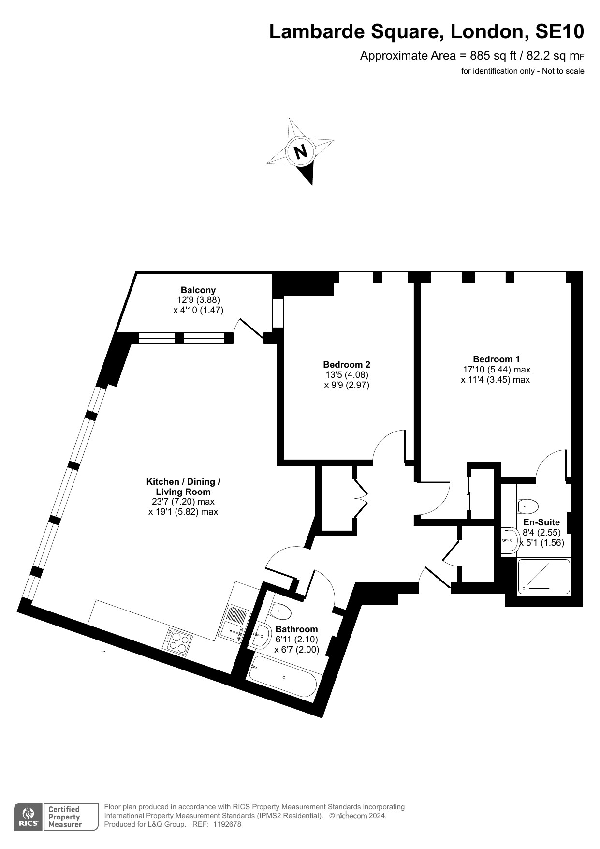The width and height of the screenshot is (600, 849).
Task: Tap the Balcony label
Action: [198, 290]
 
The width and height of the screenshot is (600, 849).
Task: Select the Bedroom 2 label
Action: [347, 364]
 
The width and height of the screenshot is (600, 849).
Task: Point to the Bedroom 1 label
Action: [496, 359]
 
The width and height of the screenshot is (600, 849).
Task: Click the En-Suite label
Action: [541, 522]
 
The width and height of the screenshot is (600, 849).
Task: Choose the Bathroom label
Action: [296, 629]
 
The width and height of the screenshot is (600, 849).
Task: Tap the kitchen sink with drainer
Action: [235, 624]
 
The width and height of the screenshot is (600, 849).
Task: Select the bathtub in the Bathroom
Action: [283, 677]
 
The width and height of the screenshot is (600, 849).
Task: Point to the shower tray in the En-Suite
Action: [544, 576]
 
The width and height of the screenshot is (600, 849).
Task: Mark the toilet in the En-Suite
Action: [527, 506]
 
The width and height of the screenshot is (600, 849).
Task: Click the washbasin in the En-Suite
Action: [510, 539]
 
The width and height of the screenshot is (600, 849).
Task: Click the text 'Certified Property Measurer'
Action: [64, 817]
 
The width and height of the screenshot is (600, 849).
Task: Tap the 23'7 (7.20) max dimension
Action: [183, 502]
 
